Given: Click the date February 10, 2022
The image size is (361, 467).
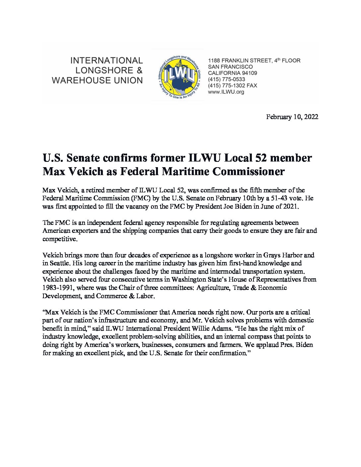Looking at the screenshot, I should click(x=292, y=117).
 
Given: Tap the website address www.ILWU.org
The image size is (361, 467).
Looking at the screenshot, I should click(x=226, y=92).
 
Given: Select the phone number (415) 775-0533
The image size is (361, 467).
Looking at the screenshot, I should click(x=227, y=79).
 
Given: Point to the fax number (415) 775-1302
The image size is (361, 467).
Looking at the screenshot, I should click(x=227, y=86).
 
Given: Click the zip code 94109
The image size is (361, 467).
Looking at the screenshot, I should click(x=249, y=73).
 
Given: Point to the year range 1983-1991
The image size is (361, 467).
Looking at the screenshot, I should click(x=58, y=288).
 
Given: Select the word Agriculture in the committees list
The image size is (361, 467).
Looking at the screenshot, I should click(x=213, y=288).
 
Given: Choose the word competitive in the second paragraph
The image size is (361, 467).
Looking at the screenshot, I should click(x=59, y=239).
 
